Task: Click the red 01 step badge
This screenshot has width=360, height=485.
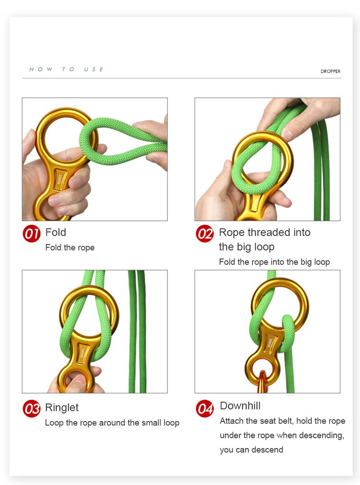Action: [x=31, y=234]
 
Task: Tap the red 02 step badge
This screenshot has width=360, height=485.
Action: [x=205, y=234]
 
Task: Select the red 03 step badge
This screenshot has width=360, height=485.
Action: [x=31, y=408]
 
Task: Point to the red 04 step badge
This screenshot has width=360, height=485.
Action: [x=205, y=408]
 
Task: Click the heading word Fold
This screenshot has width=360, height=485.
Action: [x=56, y=232]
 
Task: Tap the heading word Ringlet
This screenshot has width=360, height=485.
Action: [x=62, y=408]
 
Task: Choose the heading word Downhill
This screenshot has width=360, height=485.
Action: [x=240, y=405]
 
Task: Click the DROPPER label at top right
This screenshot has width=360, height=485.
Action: [x=330, y=71]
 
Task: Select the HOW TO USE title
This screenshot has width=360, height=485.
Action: [x=67, y=69]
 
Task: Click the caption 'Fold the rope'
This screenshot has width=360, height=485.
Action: [x=70, y=247]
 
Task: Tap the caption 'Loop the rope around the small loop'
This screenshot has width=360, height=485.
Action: [x=112, y=422]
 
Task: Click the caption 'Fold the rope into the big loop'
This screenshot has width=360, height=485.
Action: [x=274, y=262]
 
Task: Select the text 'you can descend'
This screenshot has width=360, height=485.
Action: [x=252, y=449]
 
